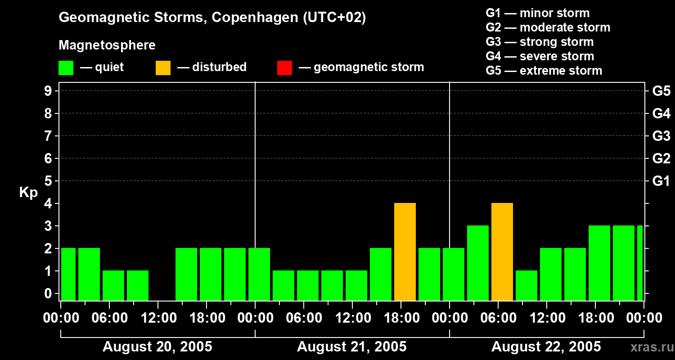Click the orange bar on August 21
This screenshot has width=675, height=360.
pos(405,252)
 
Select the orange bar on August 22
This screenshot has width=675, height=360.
pos(502,252)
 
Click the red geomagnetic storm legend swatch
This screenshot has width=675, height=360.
pos(284,67)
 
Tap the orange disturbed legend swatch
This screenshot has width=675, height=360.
pos(163,67)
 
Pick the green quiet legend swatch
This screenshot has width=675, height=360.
pos(66,67)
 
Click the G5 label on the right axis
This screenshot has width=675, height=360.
pos(661,91)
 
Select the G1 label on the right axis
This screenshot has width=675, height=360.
pos(661,181)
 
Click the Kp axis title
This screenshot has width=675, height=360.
pos(28,193)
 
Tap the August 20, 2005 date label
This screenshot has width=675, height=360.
pos(157,347)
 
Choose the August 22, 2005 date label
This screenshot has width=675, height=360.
pos(546,347)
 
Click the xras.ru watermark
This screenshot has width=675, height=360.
pos(649,347)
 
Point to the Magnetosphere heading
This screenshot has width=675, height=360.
pos(107,45)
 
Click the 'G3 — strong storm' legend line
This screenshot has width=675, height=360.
pos(540,42)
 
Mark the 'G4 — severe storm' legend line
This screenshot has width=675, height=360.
pos(540,56)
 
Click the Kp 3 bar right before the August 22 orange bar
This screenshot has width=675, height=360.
pos(478,263)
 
